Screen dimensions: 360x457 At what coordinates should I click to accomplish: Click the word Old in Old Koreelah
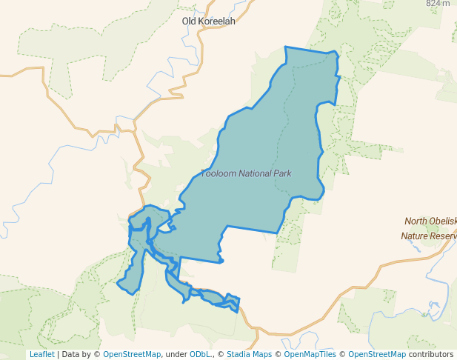(x=190, y=21)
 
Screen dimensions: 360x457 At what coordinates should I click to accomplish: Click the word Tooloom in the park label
(x=218, y=173)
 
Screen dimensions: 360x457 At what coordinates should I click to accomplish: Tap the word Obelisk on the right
(x=445, y=221)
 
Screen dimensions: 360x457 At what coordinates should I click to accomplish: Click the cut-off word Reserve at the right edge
(x=447, y=236)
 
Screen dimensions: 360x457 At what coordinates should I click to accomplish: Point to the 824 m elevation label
(x=438, y=4)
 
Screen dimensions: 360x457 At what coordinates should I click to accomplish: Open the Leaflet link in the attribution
(x=41, y=355)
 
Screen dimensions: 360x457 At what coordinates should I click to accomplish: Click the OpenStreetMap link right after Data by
(x=132, y=355)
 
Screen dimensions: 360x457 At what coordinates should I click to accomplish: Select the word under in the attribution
(x=176, y=355)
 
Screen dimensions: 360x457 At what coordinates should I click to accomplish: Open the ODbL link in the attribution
(x=201, y=355)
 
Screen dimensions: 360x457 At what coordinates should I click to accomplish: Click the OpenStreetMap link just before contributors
(x=377, y=355)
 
